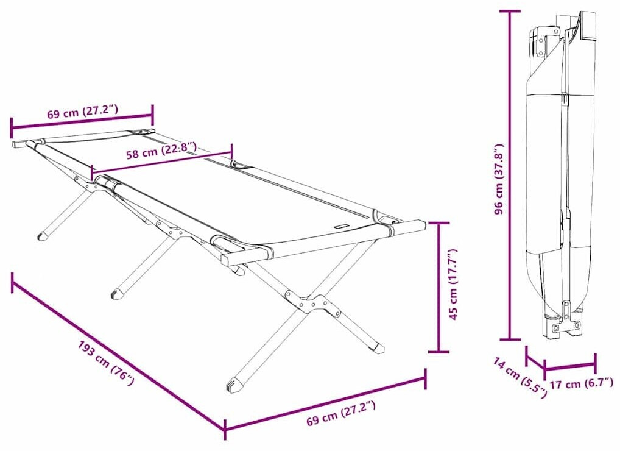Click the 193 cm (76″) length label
[107, 363]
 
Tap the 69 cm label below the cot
[341, 412]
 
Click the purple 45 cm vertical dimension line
[439, 287]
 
